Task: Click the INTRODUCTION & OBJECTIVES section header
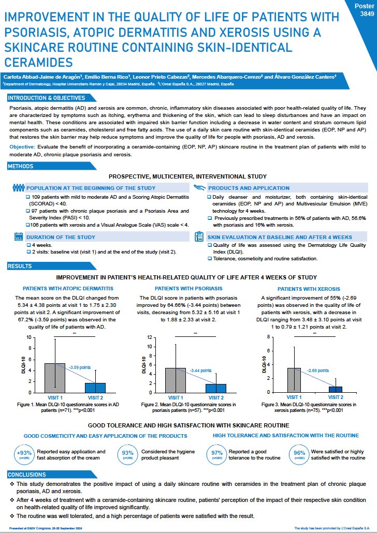point(47,98)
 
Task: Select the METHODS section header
point(21,167)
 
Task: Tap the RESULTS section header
point(21,266)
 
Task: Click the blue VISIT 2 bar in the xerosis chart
point(335,389)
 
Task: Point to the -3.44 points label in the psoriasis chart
point(199,371)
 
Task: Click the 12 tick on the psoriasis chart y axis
point(150,337)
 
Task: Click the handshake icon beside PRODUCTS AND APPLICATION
point(199,187)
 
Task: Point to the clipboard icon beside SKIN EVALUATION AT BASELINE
point(199,236)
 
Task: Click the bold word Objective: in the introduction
point(23,147)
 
